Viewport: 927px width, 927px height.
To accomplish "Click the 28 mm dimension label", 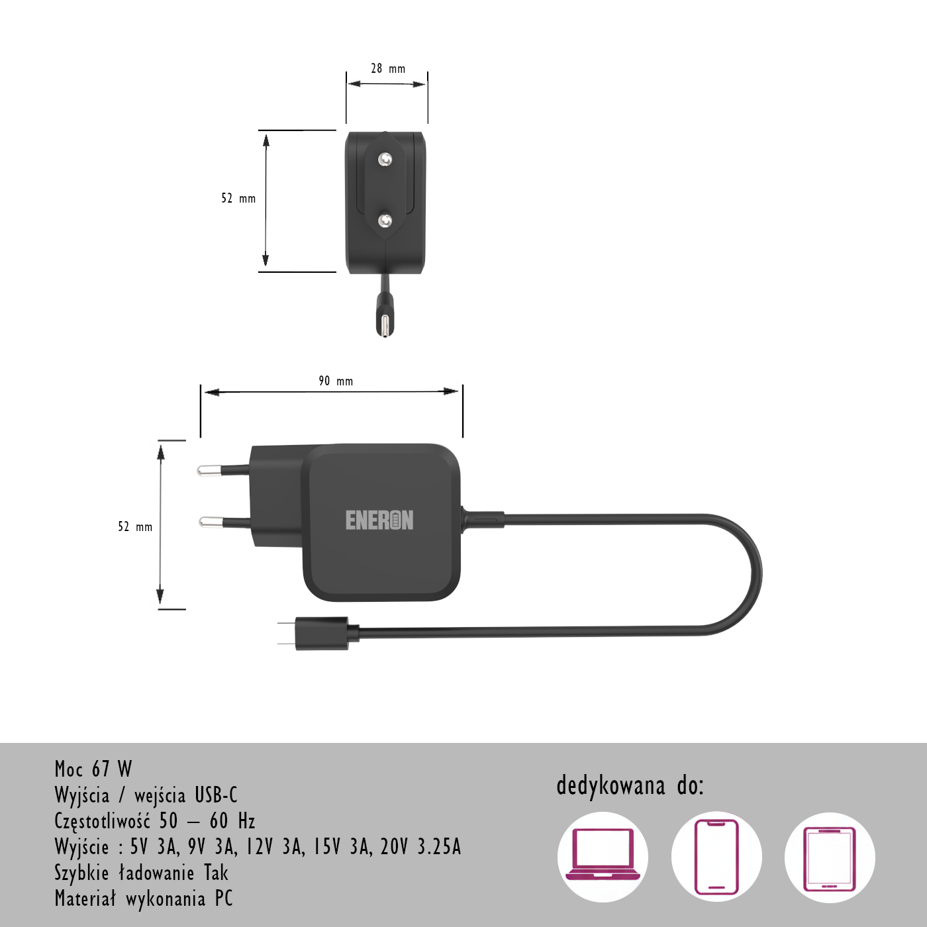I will [x=388, y=69].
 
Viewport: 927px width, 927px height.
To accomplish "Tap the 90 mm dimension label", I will [x=336, y=381].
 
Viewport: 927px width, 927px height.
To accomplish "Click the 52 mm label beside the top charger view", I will [x=238, y=199].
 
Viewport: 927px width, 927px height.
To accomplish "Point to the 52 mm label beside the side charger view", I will [x=135, y=527].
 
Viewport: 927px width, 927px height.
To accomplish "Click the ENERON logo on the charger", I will [x=379, y=520].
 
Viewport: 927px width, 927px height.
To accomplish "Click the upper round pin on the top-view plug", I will [x=385, y=159].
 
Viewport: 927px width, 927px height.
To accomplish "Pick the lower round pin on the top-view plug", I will [x=385, y=220].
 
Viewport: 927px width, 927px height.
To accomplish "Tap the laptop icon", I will [x=603, y=857].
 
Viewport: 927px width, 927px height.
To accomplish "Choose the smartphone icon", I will [x=716, y=857].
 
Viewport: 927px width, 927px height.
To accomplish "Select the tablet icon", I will [x=830, y=857].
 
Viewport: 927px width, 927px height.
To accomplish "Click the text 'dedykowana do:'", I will [x=630, y=786].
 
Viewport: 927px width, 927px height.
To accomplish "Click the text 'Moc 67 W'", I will [x=93, y=769].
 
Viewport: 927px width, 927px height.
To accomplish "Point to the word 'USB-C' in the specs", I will [x=216, y=795].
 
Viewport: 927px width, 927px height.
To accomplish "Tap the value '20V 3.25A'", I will [x=420, y=847].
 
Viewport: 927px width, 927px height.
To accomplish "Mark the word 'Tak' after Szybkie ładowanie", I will [x=216, y=873].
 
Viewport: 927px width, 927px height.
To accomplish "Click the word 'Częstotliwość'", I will [x=103, y=821].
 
